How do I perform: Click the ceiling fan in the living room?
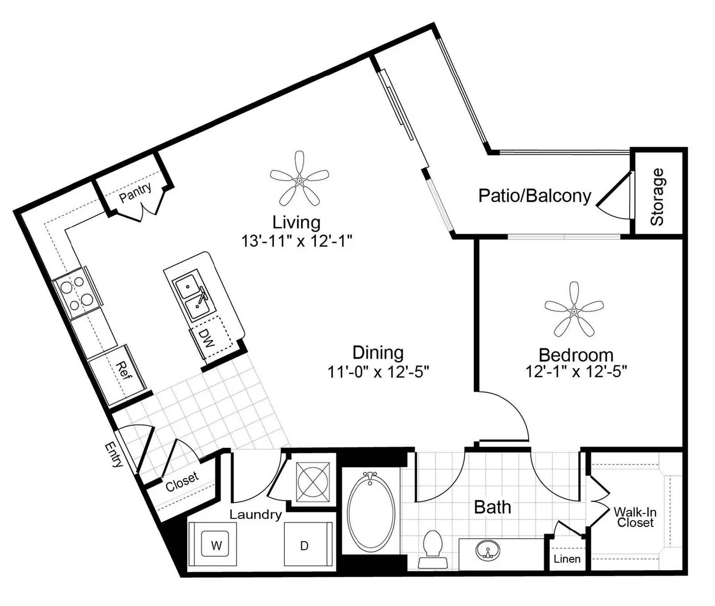click(299, 180)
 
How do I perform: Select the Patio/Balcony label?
click(534, 196)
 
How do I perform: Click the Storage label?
click(657, 197)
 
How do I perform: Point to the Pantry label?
click(135, 192)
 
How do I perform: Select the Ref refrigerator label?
click(123, 370)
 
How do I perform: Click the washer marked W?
click(216, 546)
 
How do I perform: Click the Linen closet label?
click(567, 559)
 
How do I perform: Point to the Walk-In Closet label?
click(635, 517)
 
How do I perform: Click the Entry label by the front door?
click(114, 454)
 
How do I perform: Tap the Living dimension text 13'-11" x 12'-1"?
click(297, 241)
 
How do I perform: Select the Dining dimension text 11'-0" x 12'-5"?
click(378, 371)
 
